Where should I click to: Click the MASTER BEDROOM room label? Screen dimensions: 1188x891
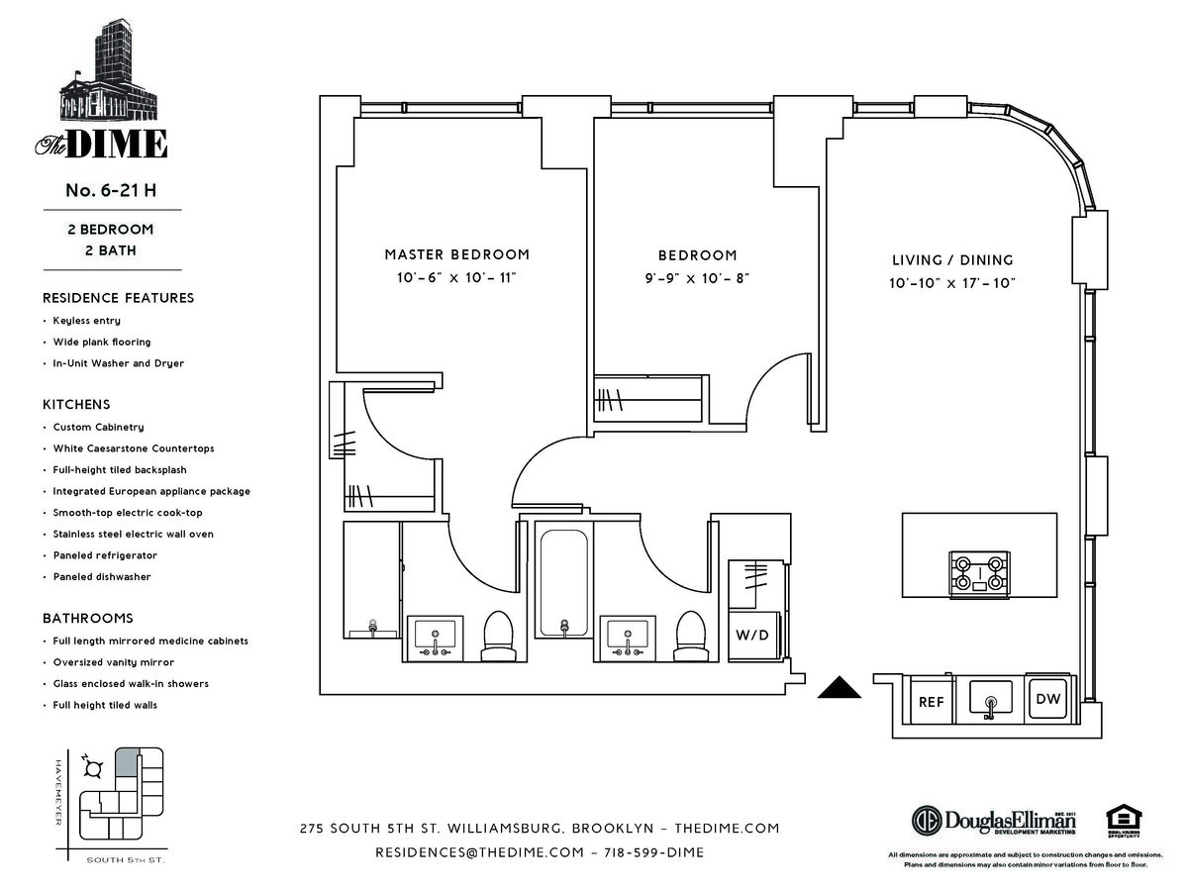click(x=456, y=254)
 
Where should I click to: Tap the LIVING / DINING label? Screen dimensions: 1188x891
click(x=952, y=260)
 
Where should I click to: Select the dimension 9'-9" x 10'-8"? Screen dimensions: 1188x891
click(x=698, y=278)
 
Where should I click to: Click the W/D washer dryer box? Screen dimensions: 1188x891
click(x=754, y=634)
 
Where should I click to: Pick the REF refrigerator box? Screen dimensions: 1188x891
click(x=931, y=701)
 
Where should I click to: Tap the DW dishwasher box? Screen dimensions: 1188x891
click(x=1047, y=700)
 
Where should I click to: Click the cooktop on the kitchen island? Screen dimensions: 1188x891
click(x=980, y=571)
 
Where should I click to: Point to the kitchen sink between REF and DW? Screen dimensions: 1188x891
click(x=989, y=701)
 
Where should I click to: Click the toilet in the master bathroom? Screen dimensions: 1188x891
click(x=496, y=635)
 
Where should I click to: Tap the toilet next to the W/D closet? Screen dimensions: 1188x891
click(x=690, y=635)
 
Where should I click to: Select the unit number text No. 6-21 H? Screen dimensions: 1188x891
click(x=111, y=191)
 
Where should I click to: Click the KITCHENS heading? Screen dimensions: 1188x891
click(x=76, y=405)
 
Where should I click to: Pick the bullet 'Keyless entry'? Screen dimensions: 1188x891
click(x=87, y=321)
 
